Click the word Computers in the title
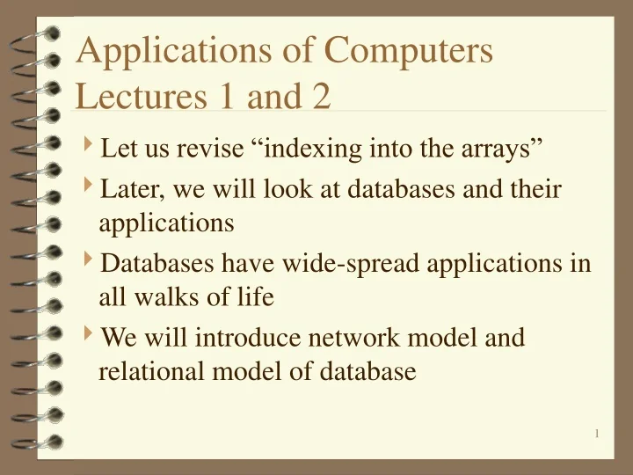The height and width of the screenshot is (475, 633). [409, 50]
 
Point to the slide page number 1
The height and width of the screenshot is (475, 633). [596, 433]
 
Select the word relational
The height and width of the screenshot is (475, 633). [150, 372]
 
